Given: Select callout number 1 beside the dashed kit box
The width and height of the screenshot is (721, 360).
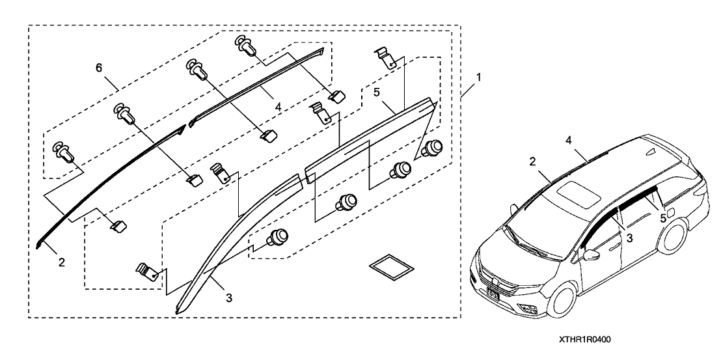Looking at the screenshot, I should tap(478, 77).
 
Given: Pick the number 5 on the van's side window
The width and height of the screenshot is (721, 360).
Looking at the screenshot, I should tap(662, 219).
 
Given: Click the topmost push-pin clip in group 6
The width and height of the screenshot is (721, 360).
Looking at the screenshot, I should tap(245, 46).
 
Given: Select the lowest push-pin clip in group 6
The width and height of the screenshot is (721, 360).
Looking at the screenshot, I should tap(65, 151).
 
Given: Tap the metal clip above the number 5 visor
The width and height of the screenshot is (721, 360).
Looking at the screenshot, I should tap(387, 57).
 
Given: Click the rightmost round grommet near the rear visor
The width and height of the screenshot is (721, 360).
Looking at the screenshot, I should tap(430, 149).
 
